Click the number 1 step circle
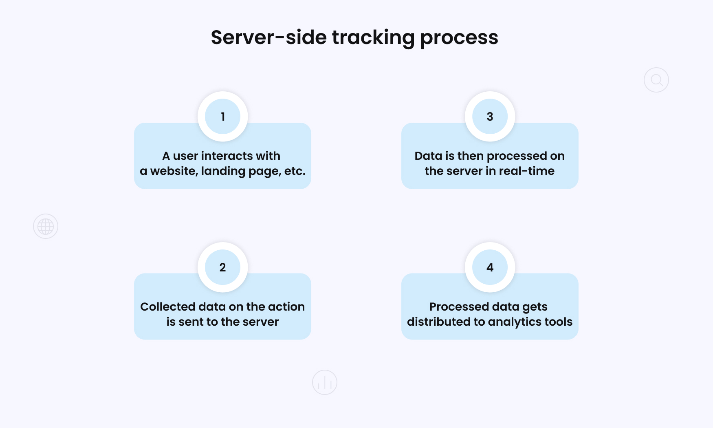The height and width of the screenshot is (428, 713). pos(223,117)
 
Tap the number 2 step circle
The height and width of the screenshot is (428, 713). pos(223,267)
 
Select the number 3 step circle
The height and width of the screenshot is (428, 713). pos(490,117)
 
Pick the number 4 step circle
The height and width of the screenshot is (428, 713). pos(490,267)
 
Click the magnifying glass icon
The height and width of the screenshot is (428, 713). pos(656,80)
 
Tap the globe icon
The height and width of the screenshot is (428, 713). pos(46,226)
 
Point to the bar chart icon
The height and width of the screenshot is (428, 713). pos(325,382)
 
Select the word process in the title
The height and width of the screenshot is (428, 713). pos(459,38)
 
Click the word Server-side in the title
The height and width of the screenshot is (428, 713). pos(268,38)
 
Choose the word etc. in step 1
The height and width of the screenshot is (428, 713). pos(295,171)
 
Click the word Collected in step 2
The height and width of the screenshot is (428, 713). pos(167,307)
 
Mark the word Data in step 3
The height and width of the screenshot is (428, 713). pos(428,156)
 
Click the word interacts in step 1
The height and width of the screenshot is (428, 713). pos(227,156)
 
